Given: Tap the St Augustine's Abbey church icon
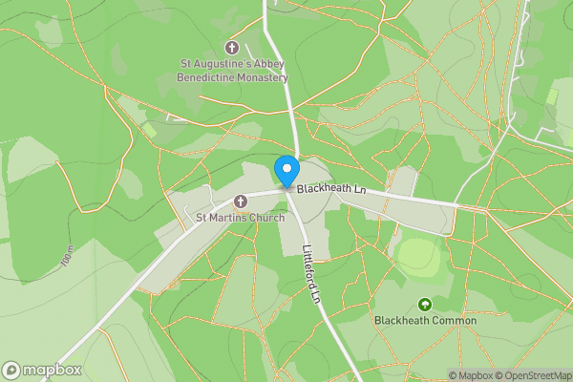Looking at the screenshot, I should click(232, 47).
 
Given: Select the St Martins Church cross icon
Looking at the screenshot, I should click(240, 202).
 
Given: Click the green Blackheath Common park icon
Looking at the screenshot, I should click(425, 304).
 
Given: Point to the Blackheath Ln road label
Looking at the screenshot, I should click(331, 190).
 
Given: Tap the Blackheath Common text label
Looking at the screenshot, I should click(425, 321).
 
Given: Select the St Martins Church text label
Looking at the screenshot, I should click(240, 218).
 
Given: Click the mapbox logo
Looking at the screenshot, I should click(42, 370).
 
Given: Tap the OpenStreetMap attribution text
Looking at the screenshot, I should click(534, 375).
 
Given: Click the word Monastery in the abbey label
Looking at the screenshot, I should click(257, 77).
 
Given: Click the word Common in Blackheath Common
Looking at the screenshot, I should click(455, 321).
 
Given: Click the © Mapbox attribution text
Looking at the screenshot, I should click(471, 375).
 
